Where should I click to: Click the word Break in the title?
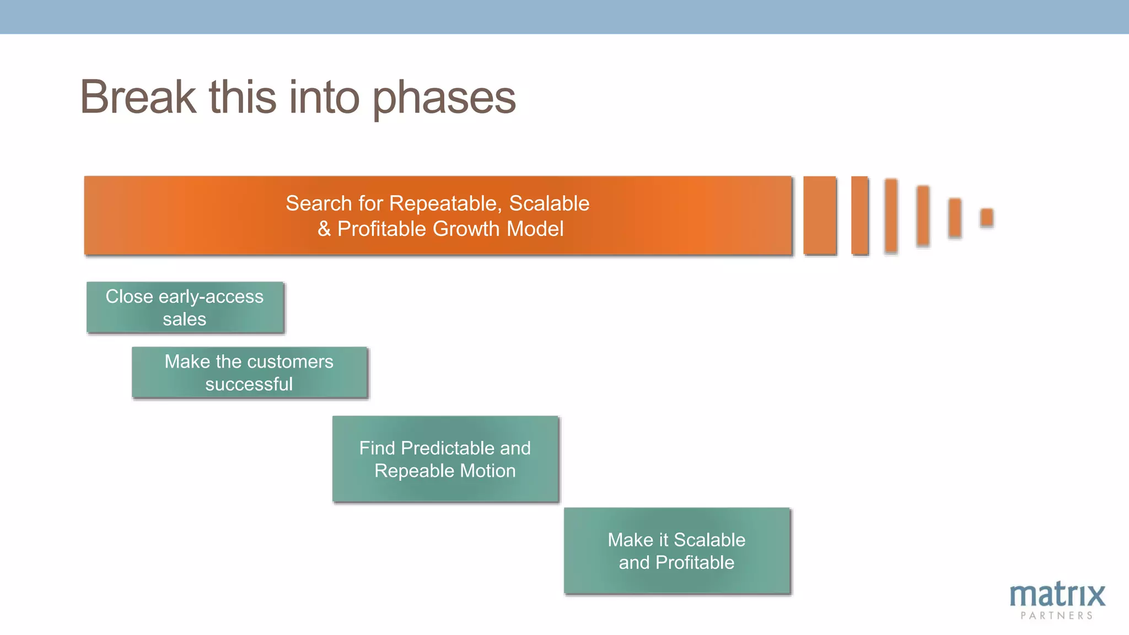(138, 97)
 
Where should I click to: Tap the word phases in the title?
(444, 98)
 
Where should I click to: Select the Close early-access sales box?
(185, 308)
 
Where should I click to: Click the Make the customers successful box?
(249, 373)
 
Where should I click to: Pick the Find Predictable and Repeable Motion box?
(445, 459)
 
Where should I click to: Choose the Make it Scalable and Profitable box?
(676, 551)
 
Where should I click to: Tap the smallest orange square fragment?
(987, 217)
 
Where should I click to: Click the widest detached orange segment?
(820, 216)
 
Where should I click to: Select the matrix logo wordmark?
(1057, 595)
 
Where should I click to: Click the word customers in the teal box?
(292, 362)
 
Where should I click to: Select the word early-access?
(211, 297)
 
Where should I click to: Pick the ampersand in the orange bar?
(324, 229)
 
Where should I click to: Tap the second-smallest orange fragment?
(955, 218)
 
